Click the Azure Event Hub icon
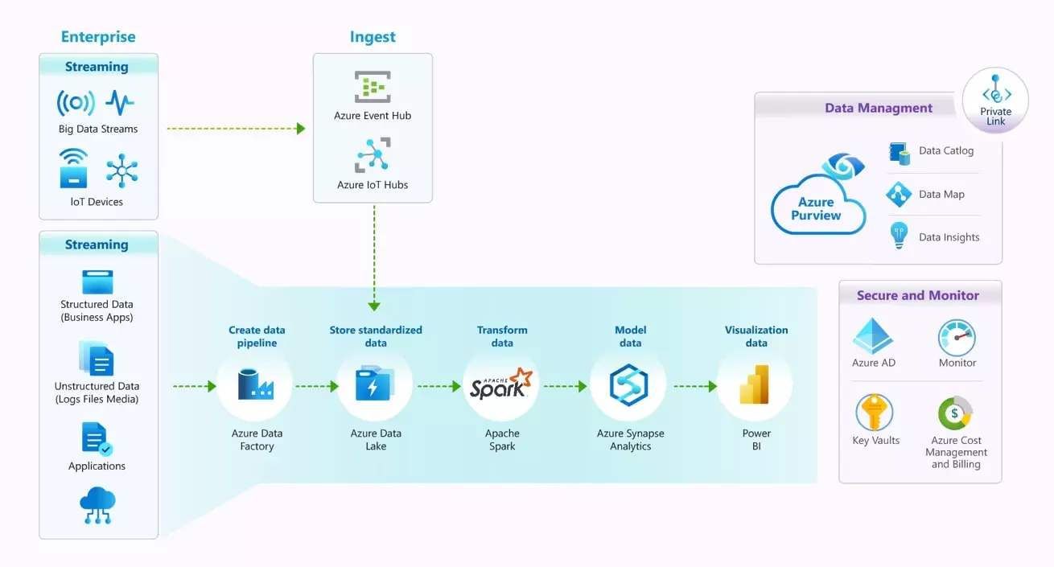point(373,86)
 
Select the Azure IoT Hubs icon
point(373,154)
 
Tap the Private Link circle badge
point(995,101)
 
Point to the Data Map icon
point(898,194)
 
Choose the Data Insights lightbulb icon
point(898,236)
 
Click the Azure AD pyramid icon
point(873,336)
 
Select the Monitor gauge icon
point(957,337)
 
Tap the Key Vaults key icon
point(875,413)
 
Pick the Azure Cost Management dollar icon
point(955,413)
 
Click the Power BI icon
point(756,384)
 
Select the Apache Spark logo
point(501,384)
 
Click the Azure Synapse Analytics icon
point(628,384)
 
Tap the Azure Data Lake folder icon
point(375,384)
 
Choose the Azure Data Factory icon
point(256,384)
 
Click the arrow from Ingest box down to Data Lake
point(374,257)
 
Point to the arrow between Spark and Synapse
point(565,386)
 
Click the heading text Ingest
point(373,37)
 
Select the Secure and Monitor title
point(918,295)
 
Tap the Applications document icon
point(97,439)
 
